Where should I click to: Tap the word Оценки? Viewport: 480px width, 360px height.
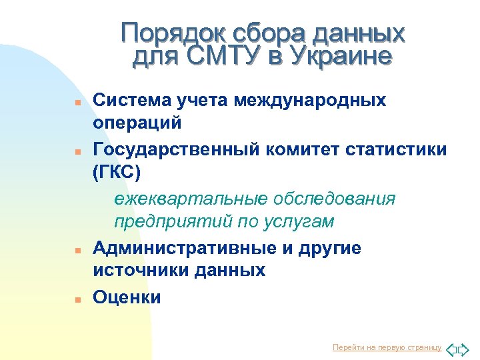(x=127, y=297)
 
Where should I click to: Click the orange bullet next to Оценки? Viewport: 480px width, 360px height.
(x=77, y=299)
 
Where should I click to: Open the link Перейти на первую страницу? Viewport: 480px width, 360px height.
(x=387, y=347)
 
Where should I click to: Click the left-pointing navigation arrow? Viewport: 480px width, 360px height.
(x=451, y=348)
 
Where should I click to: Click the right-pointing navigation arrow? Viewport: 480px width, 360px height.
(x=464, y=348)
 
